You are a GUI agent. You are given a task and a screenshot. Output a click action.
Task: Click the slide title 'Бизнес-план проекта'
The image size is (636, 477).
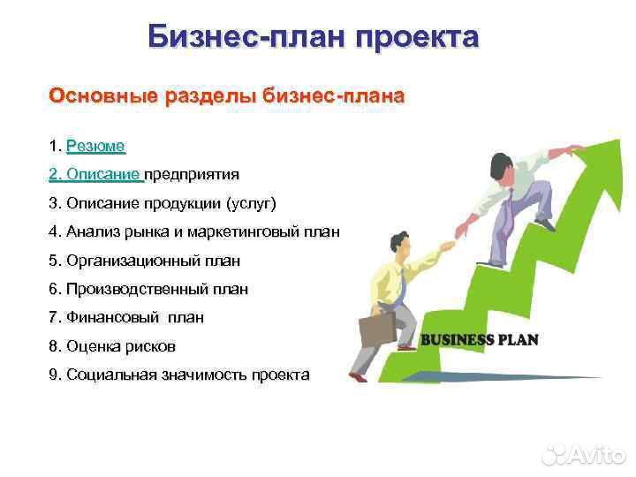coord(313,37)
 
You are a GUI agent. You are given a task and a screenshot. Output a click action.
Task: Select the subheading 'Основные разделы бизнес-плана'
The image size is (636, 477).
coord(227,95)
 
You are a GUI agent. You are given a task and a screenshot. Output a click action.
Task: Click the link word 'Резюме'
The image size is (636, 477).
coord(95,146)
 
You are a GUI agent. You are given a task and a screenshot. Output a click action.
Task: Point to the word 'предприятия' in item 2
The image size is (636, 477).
coord(192,174)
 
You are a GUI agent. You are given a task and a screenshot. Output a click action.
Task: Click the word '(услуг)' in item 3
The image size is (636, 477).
coord(252,203)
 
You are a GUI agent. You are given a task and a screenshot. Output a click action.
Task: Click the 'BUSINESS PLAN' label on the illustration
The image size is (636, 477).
coord(479,340)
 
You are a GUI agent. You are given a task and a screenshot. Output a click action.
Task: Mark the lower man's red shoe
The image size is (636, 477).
coord(356,377)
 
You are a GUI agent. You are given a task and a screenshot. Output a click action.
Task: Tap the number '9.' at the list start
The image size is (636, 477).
coord(56,375)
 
